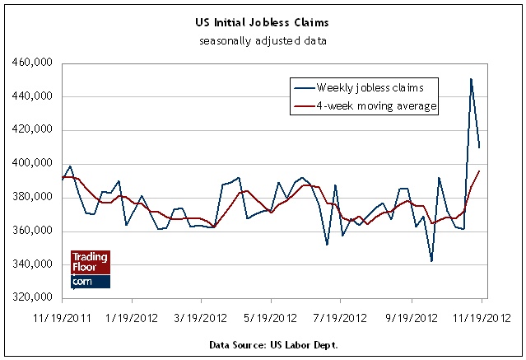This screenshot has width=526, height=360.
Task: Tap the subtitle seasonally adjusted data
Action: click(263, 40)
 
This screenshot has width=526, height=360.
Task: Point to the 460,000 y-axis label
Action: click(32, 63)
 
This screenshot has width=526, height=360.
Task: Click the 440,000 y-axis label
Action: click(32, 97)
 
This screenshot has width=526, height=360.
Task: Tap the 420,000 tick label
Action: click(32, 130)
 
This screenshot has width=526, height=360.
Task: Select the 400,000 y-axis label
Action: click(32, 164)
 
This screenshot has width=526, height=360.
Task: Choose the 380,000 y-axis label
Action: click(32, 198)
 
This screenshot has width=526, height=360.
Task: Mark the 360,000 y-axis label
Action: click(32, 231)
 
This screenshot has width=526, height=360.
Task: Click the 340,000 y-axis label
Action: click(32, 264)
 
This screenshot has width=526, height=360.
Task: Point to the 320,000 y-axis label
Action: click(32, 298)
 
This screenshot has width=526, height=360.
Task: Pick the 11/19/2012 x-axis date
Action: click(482, 316)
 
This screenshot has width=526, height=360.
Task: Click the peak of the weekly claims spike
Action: click(471, 79)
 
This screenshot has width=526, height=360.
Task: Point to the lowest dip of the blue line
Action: click(431, 261)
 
